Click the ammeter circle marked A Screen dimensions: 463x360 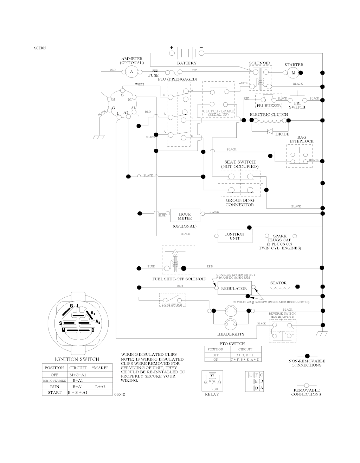click(132, 72)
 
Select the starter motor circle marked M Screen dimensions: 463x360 click(292, 73)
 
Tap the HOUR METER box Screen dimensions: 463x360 click(185, 216)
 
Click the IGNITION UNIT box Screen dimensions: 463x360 click(234, 236)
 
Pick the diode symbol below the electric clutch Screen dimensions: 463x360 click(270, 131)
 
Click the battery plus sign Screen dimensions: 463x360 click(172, 47)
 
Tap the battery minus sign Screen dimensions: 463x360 click(201, 47)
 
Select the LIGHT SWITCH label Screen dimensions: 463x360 click(172, 304)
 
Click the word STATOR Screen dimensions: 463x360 click(278, 283)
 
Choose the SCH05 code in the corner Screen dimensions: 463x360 click(40, 48)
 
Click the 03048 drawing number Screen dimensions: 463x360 click(120, 394)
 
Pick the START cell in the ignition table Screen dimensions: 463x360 click(54, 392)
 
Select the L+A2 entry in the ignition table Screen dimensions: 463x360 click(100, 386)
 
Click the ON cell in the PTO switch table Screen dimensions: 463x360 click(216, 360)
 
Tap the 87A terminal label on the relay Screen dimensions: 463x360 click(212, 381)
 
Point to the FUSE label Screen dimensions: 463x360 click(153, 75)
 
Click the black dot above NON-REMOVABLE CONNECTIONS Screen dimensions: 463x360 click(307, 356)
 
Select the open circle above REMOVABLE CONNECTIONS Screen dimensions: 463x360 click(306, 385)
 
